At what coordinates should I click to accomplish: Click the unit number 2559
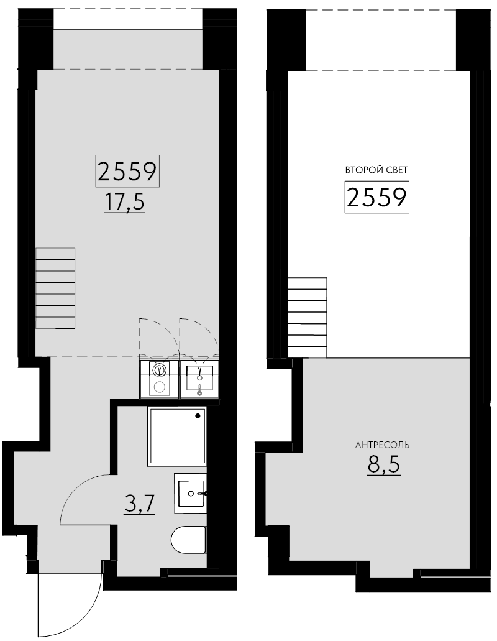pos(127,170)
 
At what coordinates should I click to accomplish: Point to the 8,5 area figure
pos(383,464)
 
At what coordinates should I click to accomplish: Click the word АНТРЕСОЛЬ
pos(382,445)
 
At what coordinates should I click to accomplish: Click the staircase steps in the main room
pos(55,288)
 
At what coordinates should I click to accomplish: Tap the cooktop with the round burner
pos(159,385)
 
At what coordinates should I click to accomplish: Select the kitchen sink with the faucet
pos(199,385)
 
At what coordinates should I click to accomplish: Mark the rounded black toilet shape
pos(186,539)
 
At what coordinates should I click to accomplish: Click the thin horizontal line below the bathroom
pos(203,576)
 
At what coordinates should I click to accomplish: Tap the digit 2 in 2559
pos(105,170)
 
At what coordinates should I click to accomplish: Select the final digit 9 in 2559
pos(148,170)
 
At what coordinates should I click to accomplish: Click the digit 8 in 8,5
pos(374,464)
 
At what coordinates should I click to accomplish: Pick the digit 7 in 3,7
pos(148,503)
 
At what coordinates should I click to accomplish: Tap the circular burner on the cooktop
pos(159,387)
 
